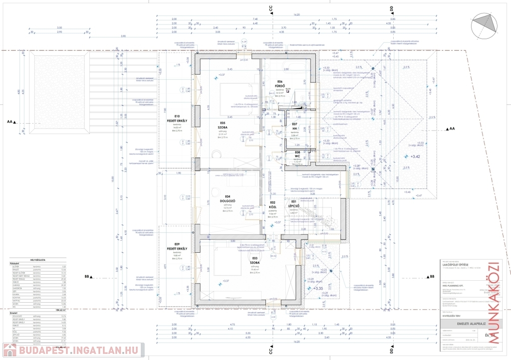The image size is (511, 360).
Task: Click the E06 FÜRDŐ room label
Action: click(x=279, y=84)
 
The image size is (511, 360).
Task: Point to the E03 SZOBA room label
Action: click(x=255, y=260)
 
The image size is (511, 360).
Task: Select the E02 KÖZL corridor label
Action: click(x=272, y=205)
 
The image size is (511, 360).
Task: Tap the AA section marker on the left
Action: click(x=11, y=121)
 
